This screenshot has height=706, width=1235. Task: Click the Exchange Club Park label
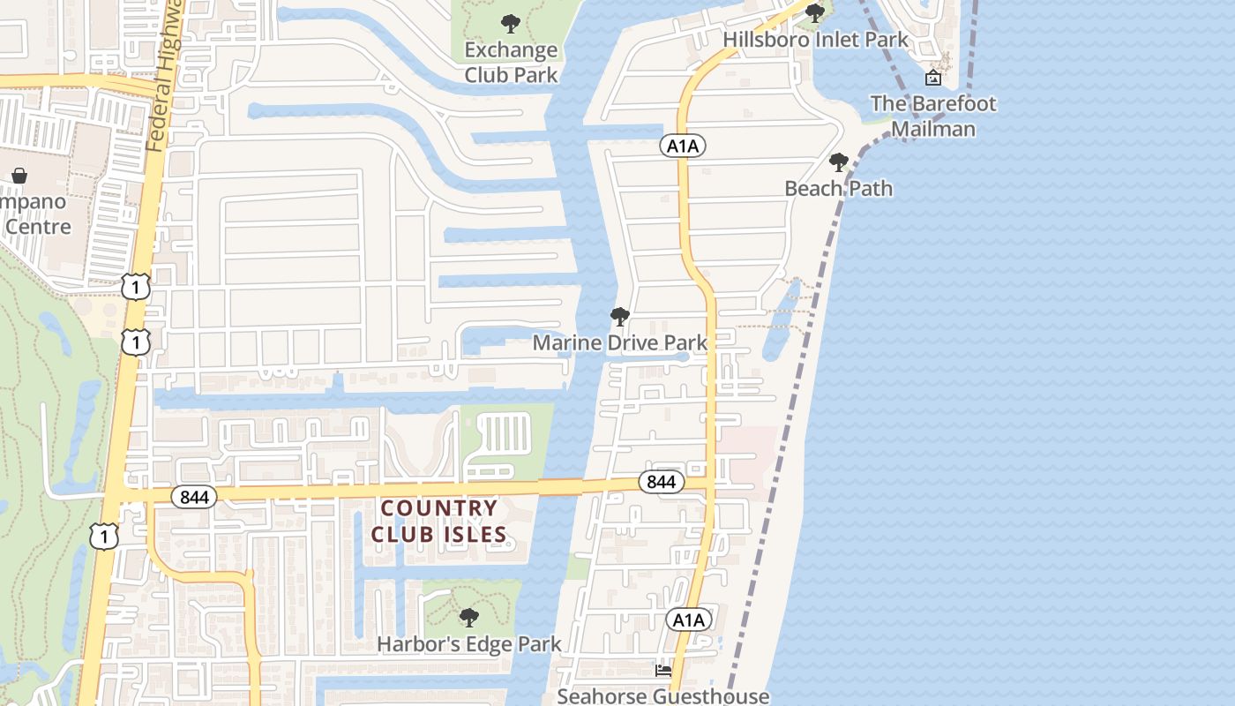[x=511, y=62]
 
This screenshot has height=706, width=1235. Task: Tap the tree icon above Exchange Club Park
[x=510, y=23]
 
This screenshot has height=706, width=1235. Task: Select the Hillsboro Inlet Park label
[x=815, y=40]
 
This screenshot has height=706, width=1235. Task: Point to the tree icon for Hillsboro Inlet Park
[x=815, y=12]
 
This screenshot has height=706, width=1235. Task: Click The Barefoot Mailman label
[x=932, y=116]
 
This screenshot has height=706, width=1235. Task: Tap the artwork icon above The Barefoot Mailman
[x=932, y=78]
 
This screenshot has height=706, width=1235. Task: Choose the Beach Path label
[x=838, y=189]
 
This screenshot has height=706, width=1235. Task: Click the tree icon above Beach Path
[x=838, y=162]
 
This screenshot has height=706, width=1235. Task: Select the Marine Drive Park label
[x=619, y=342]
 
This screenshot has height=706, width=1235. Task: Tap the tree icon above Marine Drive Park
[x=619, y=316]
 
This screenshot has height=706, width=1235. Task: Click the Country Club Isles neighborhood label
[x=439, y=521]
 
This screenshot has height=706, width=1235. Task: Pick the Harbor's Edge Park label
[x=468, y=644]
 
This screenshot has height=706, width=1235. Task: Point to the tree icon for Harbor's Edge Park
[x=468, y=617]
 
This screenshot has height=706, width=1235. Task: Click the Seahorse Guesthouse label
[x=662, y=696]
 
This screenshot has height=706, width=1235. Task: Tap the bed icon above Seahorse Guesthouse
[x=662, y=671]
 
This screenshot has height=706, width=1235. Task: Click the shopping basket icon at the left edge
[x=19, y=176]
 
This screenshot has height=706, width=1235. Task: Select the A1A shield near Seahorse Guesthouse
[x=687, y=620]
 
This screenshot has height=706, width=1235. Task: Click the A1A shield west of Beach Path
[x=683, y=146]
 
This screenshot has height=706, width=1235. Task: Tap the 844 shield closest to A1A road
[x=661, y=482]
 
